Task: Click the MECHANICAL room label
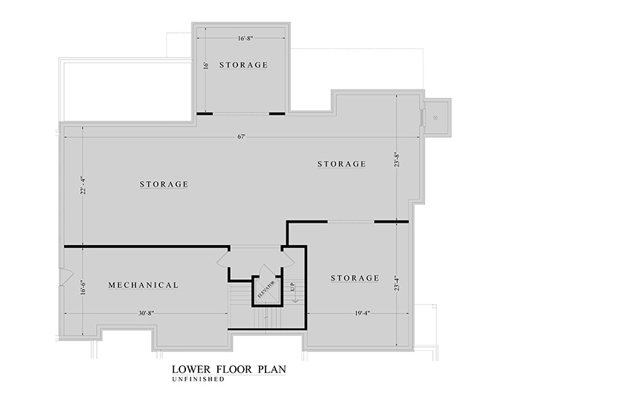coord(143,285)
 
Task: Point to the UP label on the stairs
coord(293,287)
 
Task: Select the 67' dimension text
coord(241,136)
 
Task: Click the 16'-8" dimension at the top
coord(246,38)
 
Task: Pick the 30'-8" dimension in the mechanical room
coord(146,313)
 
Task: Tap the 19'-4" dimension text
coord(362,313)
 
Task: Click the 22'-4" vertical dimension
coord(83,185)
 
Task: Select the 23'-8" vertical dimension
coord(397,159)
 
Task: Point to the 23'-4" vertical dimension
coord(397,283)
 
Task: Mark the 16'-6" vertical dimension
coord(83,287)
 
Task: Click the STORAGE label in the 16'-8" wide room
coord(243,65)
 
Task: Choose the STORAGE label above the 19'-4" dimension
coord(355,278)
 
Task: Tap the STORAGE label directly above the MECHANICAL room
coord(164,184)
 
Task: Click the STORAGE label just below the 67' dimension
coord(342,164)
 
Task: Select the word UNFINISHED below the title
coord(198,380)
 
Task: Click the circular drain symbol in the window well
coord(435,118)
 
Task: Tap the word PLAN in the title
coord(272,369)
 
